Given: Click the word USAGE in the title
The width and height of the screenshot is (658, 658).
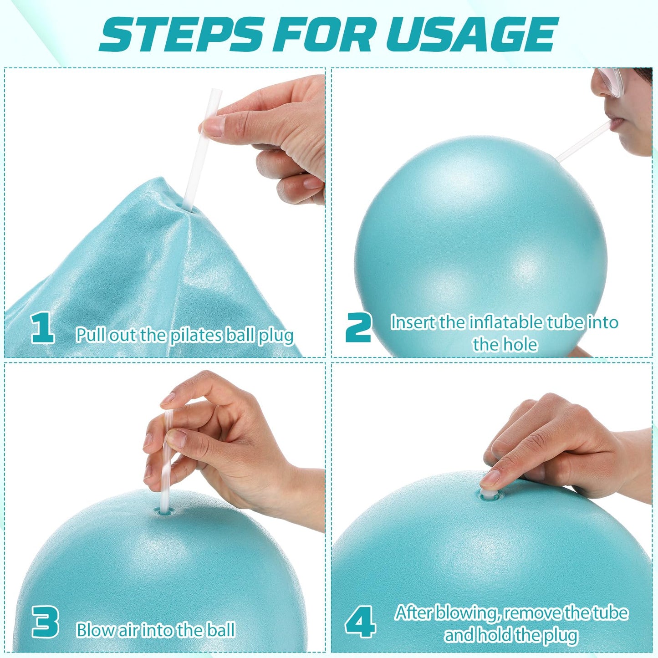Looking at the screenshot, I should pyautogui.click(x=472, y=36).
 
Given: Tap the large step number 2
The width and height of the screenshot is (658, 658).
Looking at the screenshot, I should pyautogui.click(x=358, y=327).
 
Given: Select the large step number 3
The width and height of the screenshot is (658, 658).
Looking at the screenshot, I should pyautogui.click(x=45, y=622).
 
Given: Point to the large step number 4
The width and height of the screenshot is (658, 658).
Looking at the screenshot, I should pyautogui.click(x=360, y=622).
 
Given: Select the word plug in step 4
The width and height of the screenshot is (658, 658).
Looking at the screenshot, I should pyautogui.click(x=559, y=635).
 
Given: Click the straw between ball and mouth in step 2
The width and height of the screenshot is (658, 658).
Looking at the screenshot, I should pyautogui.click(x=583, y=141).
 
